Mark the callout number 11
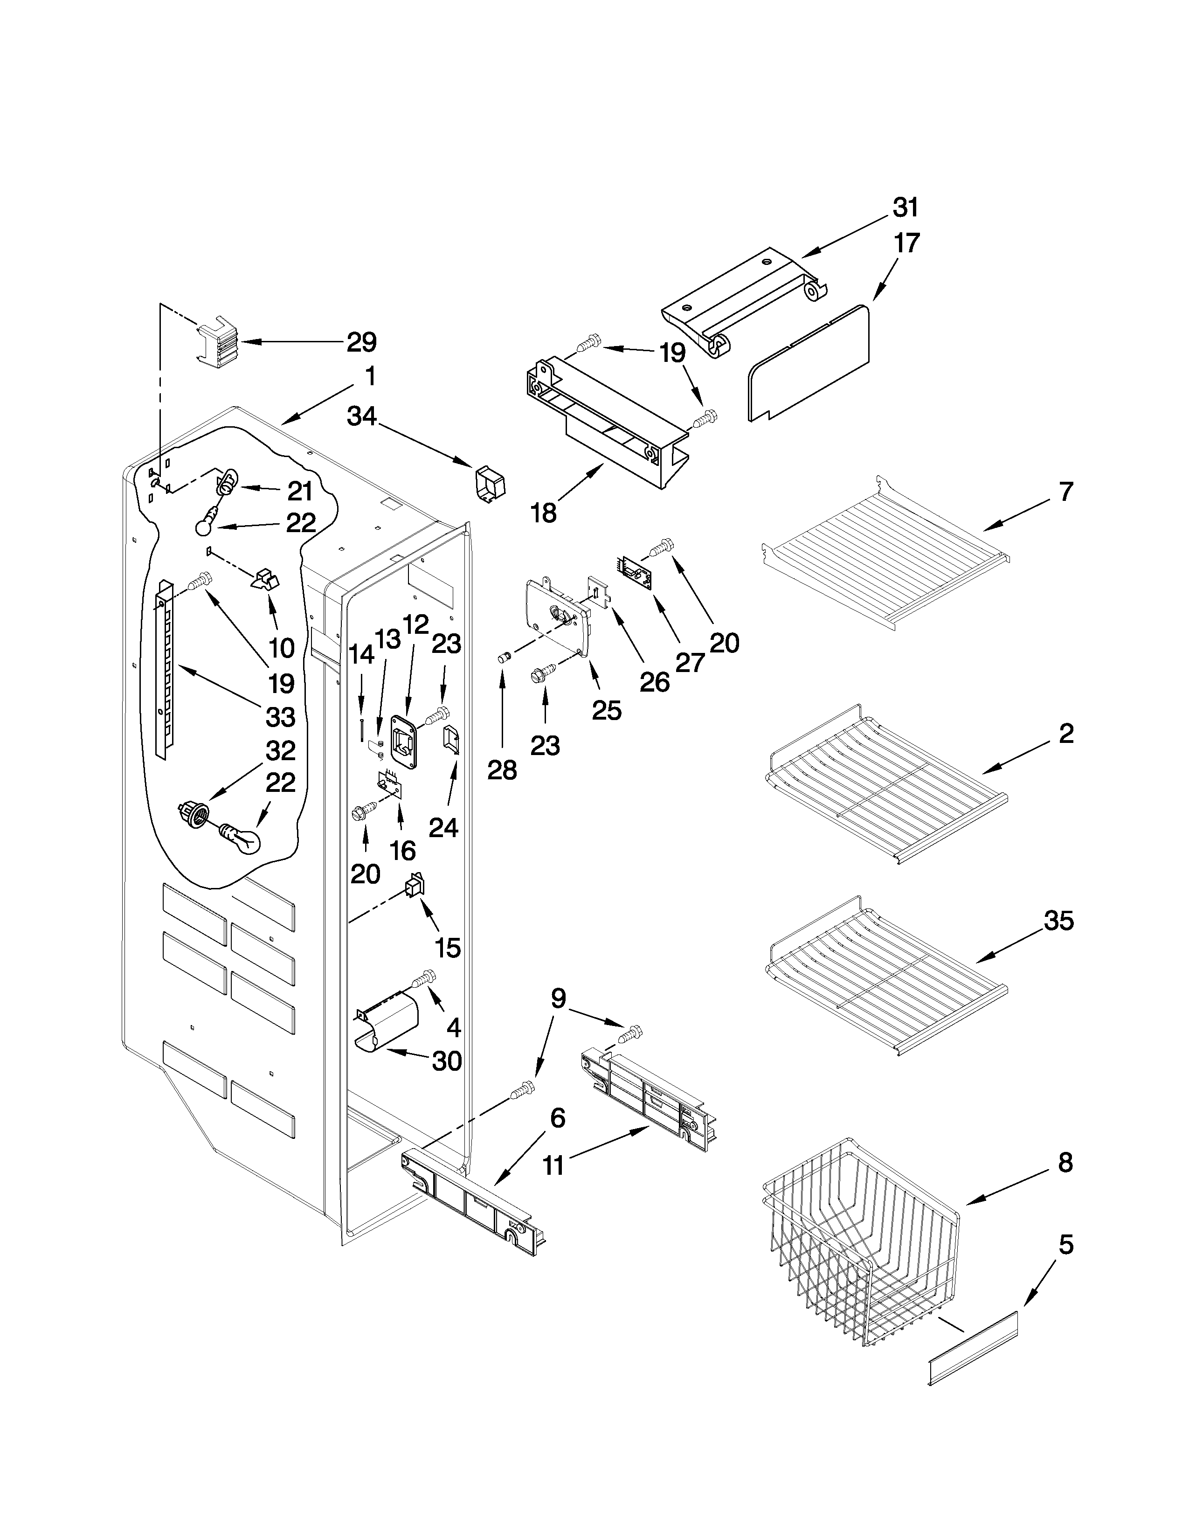click(x=553, y=1165)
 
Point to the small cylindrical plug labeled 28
click(x=503, y=658)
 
